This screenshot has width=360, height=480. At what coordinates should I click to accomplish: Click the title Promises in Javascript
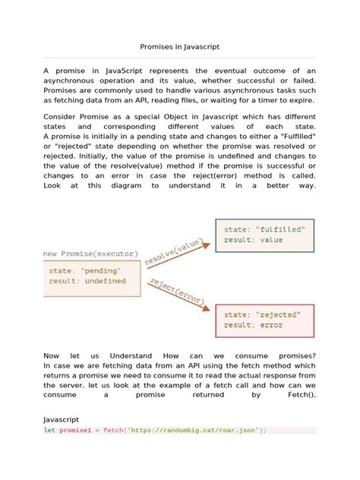pos(180,46)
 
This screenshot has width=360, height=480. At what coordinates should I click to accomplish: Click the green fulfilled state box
pos(264,235)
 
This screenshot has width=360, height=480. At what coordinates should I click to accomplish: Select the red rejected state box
pos(264,319)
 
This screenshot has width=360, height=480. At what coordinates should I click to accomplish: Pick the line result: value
pos(253,240)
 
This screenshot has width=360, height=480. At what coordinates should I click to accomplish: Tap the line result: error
pos(253,325)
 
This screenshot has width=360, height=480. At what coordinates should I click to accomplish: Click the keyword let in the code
pos(49,430)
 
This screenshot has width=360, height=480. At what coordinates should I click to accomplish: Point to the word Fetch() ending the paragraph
pos(301,395)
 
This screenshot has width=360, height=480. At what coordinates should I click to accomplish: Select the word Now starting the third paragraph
pos(52,355)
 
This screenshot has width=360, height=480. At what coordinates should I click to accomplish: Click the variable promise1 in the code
pos(75,430)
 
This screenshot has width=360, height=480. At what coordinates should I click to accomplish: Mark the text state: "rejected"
pos(263,314)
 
